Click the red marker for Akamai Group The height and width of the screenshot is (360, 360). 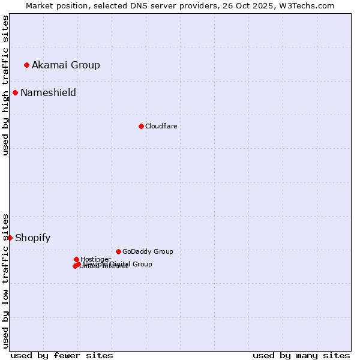[26, 65]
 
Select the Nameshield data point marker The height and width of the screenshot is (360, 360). [15, 92]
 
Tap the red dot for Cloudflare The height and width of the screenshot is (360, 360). [141, 126]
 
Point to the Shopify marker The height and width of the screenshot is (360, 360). [10, 238]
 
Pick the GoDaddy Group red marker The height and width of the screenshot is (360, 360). [118, 251]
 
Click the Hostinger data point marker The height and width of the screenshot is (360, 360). [76, 259]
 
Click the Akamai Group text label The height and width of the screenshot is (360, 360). [66, 65]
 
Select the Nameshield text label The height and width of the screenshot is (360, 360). [48, 92]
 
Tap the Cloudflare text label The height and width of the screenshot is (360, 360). [161, 126]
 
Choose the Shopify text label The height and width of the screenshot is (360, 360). [32, 238]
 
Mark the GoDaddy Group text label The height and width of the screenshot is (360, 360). [148, 251]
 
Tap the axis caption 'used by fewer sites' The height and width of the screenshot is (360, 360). [62, 355]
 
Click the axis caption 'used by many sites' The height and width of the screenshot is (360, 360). [301, 355]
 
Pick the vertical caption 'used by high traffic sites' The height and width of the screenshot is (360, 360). [5, 85]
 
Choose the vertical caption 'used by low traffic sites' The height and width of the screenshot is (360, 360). [5, 280]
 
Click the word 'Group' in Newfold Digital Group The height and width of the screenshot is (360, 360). [142, 264]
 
